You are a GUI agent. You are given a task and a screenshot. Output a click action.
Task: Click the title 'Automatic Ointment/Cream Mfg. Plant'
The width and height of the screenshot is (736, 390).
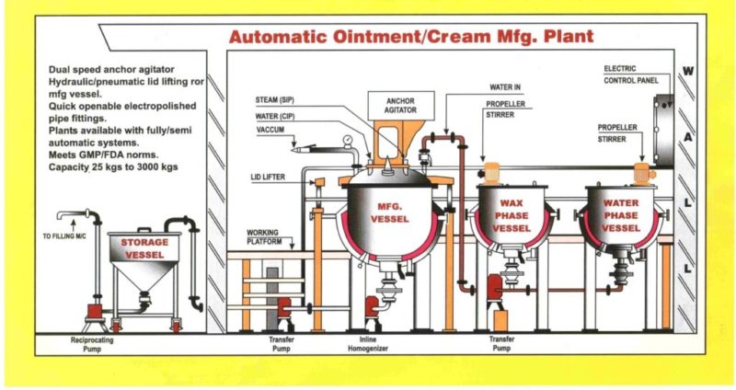(x=411, y=38)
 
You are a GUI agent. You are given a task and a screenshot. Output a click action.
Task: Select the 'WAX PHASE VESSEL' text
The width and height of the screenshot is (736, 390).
(x=512, y=214)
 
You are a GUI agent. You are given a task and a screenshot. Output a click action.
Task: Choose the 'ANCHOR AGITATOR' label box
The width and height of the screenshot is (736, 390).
(x=400, y=105)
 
